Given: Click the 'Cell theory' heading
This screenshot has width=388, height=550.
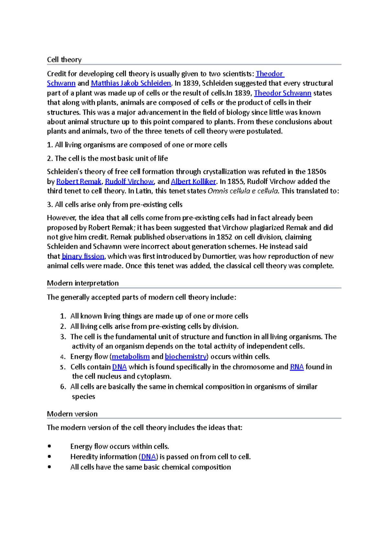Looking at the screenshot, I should pos(64,60).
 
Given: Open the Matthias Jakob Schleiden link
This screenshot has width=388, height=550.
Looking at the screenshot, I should pos(131,83).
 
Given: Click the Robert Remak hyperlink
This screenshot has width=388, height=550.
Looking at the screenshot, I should pos(79,181).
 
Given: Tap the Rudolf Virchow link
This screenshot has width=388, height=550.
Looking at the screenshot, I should pos(129,181).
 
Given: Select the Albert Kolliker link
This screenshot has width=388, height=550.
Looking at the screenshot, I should pos(193,181).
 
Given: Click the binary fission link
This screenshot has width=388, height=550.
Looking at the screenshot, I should pos(83,256).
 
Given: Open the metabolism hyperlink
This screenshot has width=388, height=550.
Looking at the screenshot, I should pos(131,357).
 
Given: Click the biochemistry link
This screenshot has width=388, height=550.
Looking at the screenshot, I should pos(186,357).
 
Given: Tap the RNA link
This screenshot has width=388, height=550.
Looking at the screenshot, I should pos(296,367).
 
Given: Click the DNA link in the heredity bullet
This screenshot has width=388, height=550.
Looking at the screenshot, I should pos(148,457).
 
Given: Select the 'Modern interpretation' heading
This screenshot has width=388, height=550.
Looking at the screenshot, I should pos(83,283).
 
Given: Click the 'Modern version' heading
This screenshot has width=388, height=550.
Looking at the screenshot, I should pos(72,414).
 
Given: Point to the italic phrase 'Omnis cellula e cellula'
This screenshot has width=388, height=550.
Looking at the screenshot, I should pos(242,191).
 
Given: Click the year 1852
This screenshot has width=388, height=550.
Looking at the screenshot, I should pos(224,237).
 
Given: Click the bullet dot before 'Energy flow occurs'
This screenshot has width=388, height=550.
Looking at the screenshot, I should pos(49,446).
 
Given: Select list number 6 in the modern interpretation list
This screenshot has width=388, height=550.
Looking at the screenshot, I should pos(63,387).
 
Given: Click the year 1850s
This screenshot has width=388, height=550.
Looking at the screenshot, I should pos(317,172).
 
